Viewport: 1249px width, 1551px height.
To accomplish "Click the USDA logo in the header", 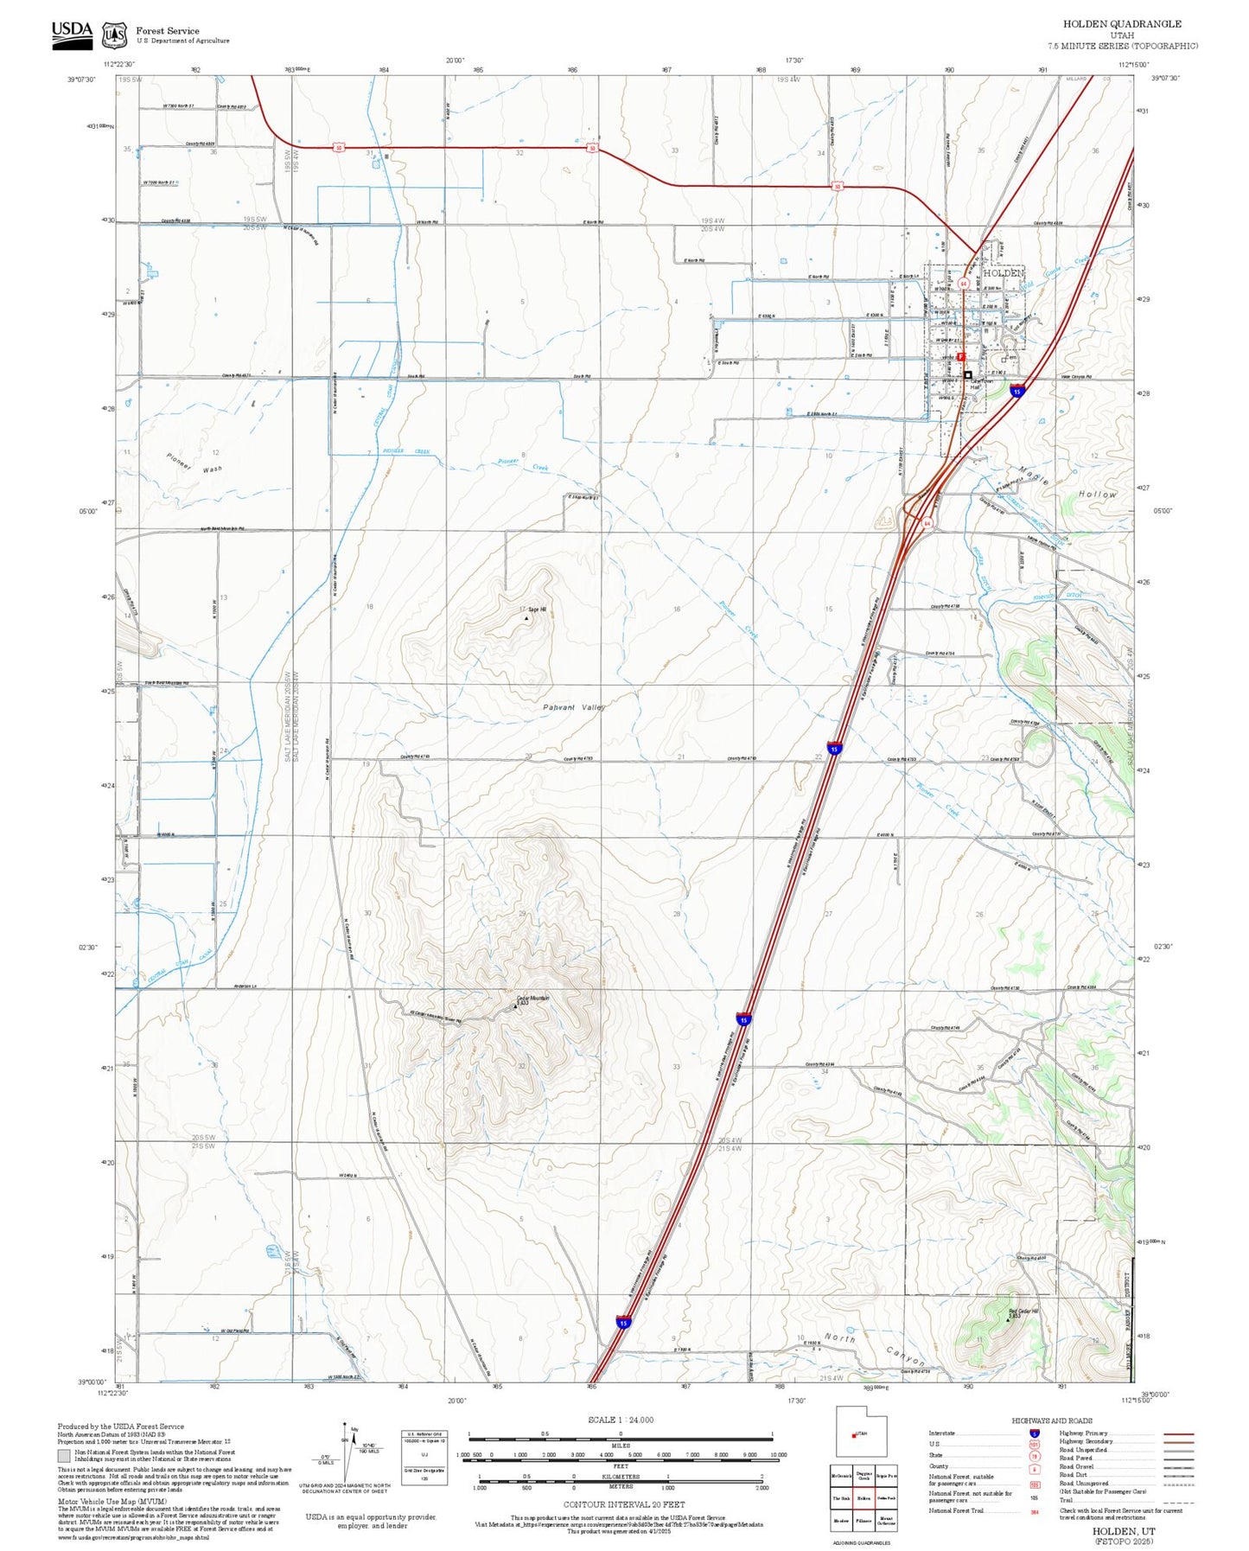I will coord(72,33).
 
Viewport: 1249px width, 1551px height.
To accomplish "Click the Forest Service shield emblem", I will coord(114,35).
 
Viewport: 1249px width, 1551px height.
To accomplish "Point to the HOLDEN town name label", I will coord(1004,273).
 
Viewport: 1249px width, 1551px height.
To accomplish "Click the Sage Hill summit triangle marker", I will coord(526,618).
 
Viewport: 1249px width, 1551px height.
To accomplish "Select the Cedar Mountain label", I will coord(532,999).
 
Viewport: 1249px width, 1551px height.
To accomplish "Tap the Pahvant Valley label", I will coord(574,707).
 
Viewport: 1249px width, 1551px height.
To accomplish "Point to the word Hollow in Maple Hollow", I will coord(1097,494).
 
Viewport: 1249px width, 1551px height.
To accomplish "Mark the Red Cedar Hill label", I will coord(1023,1312).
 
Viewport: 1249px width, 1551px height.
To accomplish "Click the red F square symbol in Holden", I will coord(960,356).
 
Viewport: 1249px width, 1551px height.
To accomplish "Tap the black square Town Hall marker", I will coord(967,375).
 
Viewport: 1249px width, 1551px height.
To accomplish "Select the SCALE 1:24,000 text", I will coord(621,1420).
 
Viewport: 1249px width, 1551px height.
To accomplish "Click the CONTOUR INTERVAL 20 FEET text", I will coord(623,1504).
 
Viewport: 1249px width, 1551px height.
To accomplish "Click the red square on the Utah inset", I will coord(854,1436).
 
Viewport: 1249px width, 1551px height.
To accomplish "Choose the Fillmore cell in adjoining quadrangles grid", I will coord(863,1521).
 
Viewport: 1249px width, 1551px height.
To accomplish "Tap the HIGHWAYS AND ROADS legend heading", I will coord(1051,1420).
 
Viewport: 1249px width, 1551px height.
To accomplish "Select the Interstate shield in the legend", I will coord(1034,1433).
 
